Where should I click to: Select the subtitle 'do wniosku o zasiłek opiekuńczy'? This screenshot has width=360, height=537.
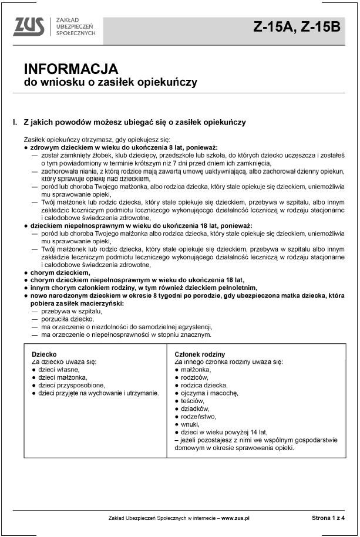(x=110, y=82)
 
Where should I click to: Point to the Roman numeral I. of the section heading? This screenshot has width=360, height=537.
(x=14, y=123)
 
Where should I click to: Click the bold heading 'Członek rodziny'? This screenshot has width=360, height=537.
(x=200, y=354)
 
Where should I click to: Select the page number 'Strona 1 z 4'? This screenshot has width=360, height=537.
(x=328, y=518)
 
